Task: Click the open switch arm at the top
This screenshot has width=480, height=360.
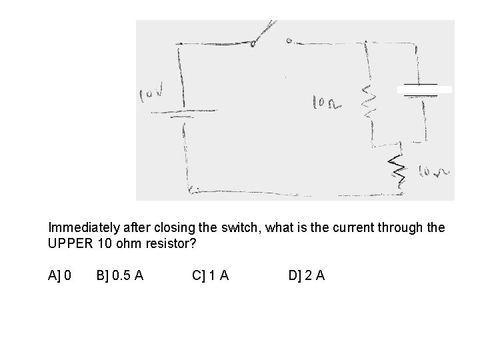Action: click(263, 33)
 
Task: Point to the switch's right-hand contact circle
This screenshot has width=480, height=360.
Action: click(289, 41)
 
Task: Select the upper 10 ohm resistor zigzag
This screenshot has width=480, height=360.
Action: click(367, 101)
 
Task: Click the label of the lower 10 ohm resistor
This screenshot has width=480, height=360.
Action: click(434, 174)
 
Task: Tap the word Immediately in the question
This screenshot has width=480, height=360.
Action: click(83, 228)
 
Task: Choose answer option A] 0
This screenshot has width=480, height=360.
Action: click(61, 275)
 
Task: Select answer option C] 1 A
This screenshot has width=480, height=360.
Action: click(210, 275)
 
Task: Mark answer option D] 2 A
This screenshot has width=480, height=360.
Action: click(306, 275)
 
